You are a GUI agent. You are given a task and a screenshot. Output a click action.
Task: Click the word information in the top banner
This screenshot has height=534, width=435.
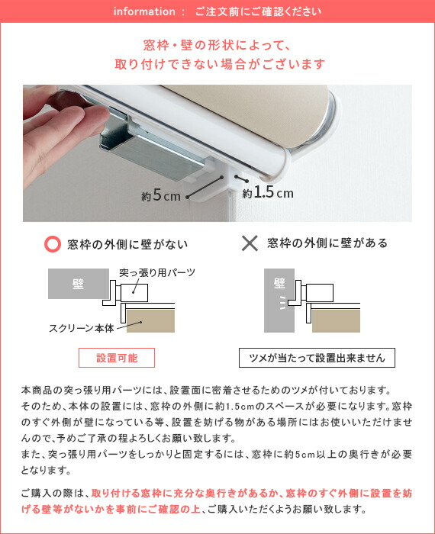coord(144,11)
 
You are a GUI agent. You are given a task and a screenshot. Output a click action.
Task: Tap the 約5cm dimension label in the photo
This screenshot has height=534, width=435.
coord(161,195)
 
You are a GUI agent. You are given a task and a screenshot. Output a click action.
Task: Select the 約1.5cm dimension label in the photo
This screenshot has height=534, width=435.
coord(268,193)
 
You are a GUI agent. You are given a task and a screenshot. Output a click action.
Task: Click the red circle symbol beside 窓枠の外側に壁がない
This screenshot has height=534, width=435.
coord(53,244)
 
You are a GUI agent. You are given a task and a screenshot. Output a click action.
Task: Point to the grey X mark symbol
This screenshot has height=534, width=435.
coord(250,243)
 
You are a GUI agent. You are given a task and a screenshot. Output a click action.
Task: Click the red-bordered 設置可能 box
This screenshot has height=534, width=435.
coord(117,358)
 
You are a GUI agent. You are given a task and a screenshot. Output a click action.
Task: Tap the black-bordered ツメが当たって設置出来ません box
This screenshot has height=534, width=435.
coord(317,358)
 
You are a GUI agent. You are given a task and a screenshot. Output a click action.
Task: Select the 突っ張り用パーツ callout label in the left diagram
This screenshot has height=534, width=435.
coord(157,272)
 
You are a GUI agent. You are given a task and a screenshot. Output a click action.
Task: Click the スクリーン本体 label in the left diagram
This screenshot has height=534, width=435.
coord(82,328)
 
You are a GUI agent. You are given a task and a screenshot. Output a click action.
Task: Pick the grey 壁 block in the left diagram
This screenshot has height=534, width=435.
coord(79,284)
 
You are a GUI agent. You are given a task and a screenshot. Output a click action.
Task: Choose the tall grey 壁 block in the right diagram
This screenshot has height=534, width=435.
coord(279,301)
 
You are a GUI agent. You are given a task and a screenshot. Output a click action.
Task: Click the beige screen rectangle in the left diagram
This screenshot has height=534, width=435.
coord(150,321)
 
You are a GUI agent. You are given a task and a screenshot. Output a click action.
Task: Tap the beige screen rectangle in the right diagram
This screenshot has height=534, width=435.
coord(336,321)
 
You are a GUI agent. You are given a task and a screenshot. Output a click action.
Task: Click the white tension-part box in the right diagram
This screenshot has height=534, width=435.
coord(320,292)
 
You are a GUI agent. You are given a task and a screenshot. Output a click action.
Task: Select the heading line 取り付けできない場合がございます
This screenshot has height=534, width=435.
coord(220,64)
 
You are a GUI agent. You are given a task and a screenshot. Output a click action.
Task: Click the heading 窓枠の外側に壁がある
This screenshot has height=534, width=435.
coord(327,243)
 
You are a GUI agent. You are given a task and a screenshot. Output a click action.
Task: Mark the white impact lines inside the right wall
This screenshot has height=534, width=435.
coord(282,303)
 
